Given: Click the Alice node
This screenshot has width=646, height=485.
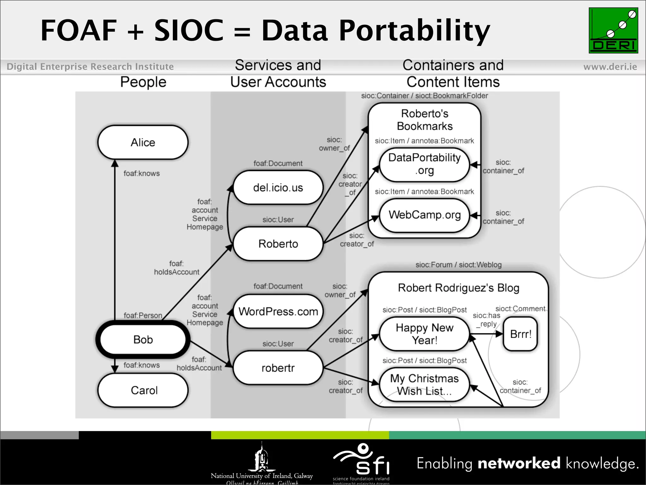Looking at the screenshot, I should click(x=143, y=142).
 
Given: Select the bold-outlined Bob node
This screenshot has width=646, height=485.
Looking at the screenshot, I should click(x=143, y=339).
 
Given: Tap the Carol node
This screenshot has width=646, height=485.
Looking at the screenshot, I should click(x=144, y=390).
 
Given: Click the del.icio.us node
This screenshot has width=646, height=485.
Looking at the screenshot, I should click(x=278, y=188).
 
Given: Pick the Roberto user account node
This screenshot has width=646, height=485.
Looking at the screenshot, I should click(x=278, y=244).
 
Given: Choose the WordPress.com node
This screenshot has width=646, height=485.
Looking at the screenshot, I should click(x=278, y=311).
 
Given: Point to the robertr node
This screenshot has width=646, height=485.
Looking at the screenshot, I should click(x=278, y=368).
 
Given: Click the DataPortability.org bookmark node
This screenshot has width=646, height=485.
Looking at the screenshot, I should click(x=424, y=164).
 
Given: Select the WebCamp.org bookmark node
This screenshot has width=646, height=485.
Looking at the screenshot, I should click(x=424, y=215).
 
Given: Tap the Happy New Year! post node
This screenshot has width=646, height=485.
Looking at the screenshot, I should click(x=424, y=334).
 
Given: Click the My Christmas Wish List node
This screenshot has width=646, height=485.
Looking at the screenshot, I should click(x=424, y=385).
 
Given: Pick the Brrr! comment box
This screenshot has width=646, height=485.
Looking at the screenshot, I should click(x=520, y=334).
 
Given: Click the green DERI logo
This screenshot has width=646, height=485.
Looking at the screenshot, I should click(x=613, y=30).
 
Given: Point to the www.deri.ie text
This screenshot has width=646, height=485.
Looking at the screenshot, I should click(x=610, y=67).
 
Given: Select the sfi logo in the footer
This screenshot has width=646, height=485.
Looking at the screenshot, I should click(x=361, y=461).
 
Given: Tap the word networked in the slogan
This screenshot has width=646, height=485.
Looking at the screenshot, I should click(x=519, y=463).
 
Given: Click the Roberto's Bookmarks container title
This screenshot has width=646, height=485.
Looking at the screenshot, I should click(x=425, y=120).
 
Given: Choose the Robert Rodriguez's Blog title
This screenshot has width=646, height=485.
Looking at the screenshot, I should click(x=458, y=288).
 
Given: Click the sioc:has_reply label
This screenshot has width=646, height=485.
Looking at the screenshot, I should click(x=486, y=320).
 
